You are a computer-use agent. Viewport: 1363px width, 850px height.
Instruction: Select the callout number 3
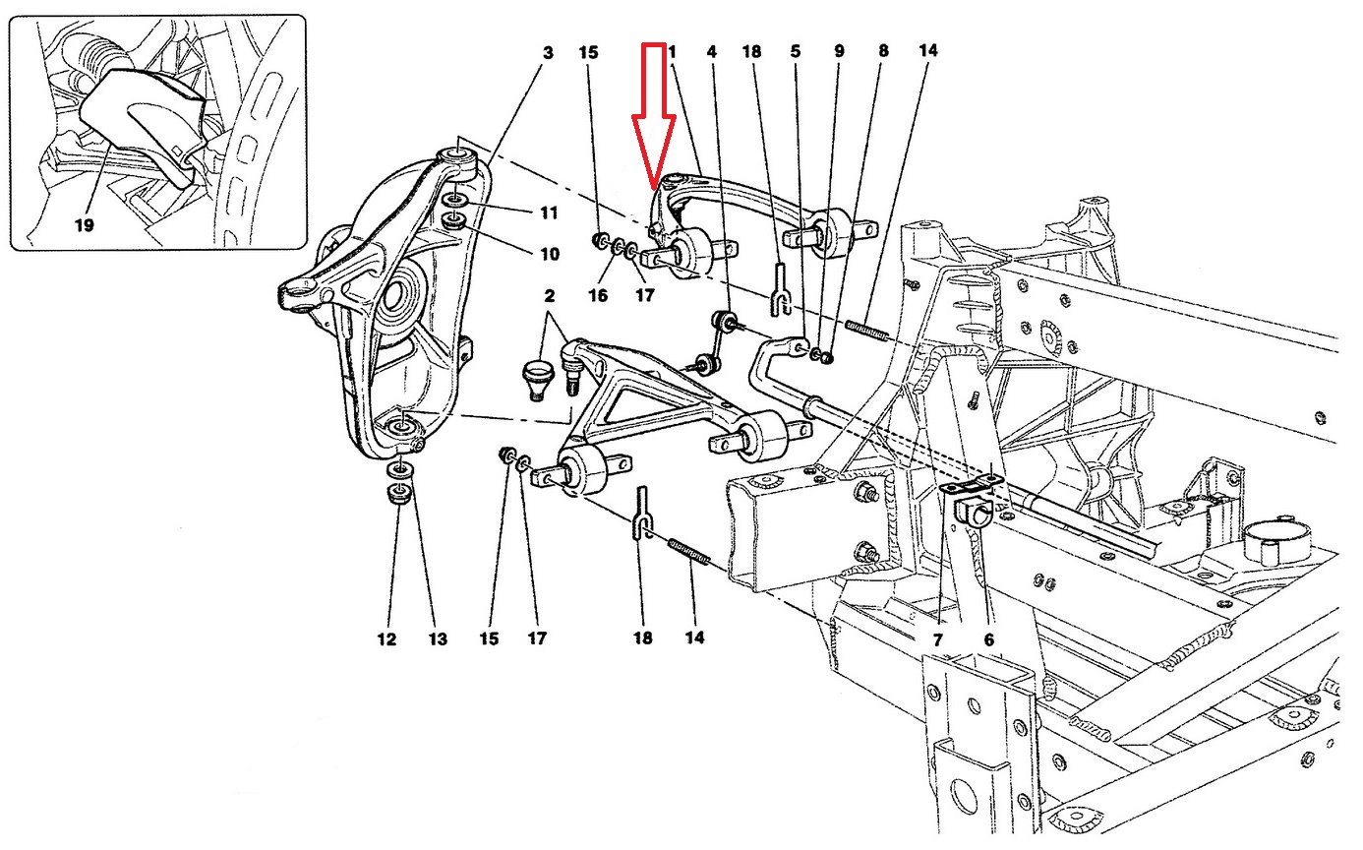(x=548, y=51)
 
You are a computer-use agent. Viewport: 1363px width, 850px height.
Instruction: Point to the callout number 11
(x=549, y=212)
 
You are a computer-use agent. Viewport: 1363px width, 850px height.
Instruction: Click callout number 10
(x=549, y=254)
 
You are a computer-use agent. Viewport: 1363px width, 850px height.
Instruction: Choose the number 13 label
(x=438, y=639)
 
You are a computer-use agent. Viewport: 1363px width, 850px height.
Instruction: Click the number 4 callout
(x=712, y=51)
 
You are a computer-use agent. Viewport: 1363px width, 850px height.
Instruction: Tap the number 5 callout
(x=796, y=51)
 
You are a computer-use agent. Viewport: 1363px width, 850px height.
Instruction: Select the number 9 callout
(x=839, y=51)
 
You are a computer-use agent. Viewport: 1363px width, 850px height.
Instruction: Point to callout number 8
(x=883, y=51)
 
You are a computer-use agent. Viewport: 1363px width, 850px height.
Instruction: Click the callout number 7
(x=937, y=639)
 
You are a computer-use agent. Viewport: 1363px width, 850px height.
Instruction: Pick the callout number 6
(x=988, y=639)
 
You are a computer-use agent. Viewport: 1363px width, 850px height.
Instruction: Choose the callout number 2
(x=549, y=295)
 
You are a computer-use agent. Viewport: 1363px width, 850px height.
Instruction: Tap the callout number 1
(x=673, y=51)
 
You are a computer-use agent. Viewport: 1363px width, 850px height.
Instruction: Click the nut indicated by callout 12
(x=399, y=494)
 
